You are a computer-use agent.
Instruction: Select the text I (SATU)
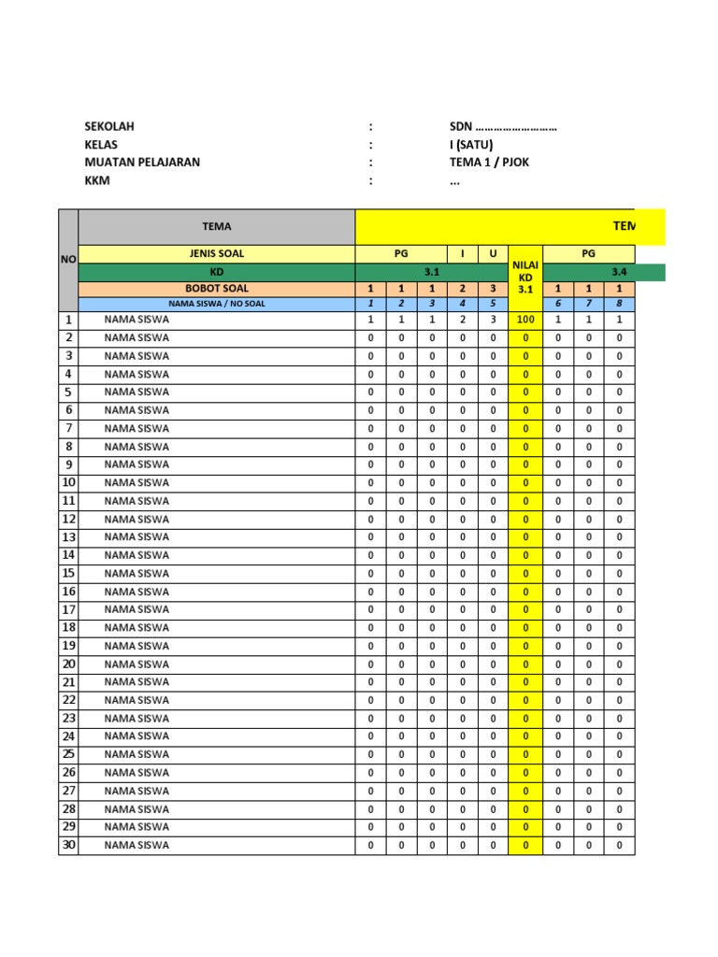point(470,144)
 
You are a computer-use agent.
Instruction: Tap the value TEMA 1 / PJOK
point(495,162)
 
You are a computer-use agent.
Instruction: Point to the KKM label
point(97,180)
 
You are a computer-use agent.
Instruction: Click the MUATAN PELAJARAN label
point(142,162)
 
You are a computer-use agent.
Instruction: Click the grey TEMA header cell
point(216,226)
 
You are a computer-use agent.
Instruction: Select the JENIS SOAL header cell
point(216,254)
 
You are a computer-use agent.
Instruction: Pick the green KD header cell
point(216,272)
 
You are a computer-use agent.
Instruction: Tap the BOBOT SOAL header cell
point(216,289)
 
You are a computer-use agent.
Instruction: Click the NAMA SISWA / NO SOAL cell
point(216,304)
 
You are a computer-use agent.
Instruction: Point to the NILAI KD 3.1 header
point(525,277)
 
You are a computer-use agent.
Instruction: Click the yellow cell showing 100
point(525,320)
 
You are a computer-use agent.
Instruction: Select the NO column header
point(68,261)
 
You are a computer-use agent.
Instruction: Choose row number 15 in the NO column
point(68,573)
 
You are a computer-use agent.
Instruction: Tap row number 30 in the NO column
point(68,845)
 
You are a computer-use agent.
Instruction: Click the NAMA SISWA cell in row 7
point(137,428)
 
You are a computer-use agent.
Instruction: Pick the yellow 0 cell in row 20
point(525,664)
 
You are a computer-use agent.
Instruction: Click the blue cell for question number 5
point(493,304)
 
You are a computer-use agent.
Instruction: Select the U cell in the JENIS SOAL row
point(493,254)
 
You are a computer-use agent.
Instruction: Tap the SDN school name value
point(503,126)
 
